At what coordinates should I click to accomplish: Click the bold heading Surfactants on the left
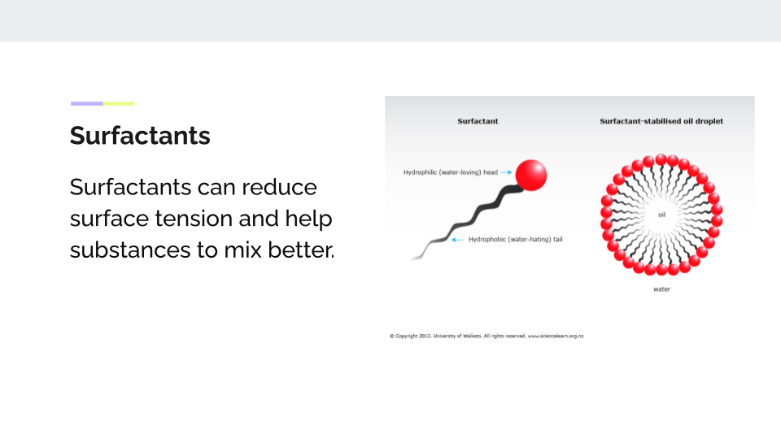(x=140, y=136)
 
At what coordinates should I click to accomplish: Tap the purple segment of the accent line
(x=87, y=103)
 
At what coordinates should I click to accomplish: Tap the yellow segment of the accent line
(x=119, y=103)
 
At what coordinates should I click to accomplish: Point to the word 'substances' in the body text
(x=130, y=250)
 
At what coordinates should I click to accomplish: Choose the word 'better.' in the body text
(x=301, y=250)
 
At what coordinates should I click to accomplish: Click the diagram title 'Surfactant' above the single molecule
(x=478, y=121)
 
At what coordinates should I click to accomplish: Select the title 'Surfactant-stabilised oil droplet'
(x=661, y=121)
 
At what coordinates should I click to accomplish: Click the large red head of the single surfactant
(x=531, y=176)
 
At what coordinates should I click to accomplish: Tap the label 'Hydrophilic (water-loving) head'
(x=450, y=172)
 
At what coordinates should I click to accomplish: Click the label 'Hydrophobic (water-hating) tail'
(x=516, y=239)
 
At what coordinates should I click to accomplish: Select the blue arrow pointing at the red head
(x=505, y=172)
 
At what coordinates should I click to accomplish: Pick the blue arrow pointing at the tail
(x=457, y=239)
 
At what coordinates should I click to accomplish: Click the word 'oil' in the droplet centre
(x=661, y=215)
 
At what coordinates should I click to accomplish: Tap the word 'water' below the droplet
(x=661, y=289)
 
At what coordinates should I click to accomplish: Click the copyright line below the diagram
(x=486, y=336)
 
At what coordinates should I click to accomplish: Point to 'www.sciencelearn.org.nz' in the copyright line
(x=556, y=336)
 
